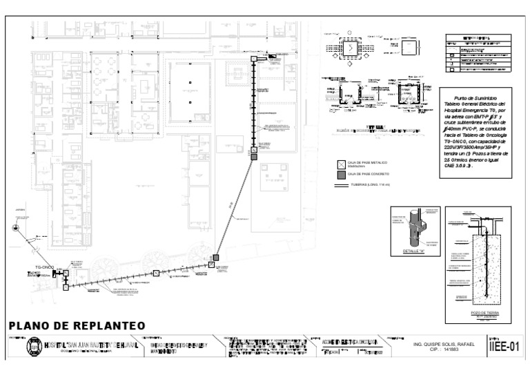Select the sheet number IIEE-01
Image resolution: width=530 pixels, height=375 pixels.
tap(503, 346)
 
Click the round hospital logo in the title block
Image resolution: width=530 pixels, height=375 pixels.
tap(33, 346)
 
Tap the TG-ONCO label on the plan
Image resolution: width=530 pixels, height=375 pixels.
tap(44, 266)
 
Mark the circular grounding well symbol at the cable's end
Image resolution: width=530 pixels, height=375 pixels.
tap(15, 227)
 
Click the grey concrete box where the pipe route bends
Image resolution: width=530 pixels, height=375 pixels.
tap(216, 258)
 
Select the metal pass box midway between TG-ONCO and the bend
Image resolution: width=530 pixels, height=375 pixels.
tap(156, 273)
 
